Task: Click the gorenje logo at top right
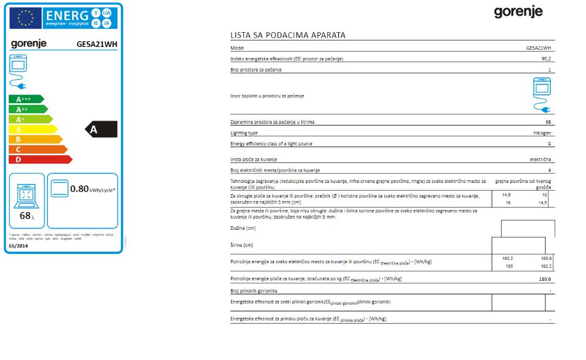[x=518, y=12]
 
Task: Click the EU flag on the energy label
[x=26, y=19]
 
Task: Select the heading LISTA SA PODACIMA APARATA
[x=288, y=35]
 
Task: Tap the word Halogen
[x=542, y=133]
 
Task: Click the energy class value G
[x=549, y=144]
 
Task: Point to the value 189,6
[x=545, y=280]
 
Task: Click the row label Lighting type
[x=244, y=133]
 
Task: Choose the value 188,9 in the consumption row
[x=546, y=258]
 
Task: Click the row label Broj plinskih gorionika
[x=254, y=291]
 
